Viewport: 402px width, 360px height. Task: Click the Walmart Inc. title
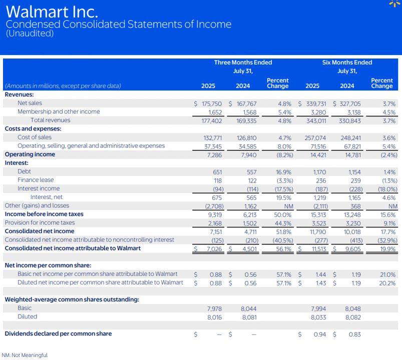[52, 12]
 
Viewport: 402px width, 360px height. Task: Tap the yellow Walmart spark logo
[395, 3]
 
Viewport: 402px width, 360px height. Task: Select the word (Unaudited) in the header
[30, 33]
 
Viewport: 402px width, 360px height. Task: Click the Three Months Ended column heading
[243, 62]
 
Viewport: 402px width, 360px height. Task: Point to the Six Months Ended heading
[347, 62]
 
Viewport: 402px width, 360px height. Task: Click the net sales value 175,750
[211, 103]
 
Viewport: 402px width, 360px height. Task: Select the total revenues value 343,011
[316, 121]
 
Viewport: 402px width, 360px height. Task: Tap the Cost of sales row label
[35, 137]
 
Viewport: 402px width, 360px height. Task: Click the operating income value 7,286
[214, 155]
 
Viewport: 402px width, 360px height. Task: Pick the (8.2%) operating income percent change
[284, 155]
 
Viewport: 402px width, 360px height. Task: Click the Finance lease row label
[36, 180]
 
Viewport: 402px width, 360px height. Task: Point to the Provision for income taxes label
[40, 222]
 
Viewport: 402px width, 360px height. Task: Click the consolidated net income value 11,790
[318, 232]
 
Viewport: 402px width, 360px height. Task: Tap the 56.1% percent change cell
[283, 249]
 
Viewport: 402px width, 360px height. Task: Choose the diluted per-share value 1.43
[321, 283]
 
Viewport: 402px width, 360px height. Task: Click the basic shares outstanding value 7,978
[214, 309]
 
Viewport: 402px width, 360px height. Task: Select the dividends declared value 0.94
[320, 334]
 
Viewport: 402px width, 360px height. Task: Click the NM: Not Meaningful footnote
[25, 355]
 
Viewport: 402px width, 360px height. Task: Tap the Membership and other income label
[59, 111]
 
